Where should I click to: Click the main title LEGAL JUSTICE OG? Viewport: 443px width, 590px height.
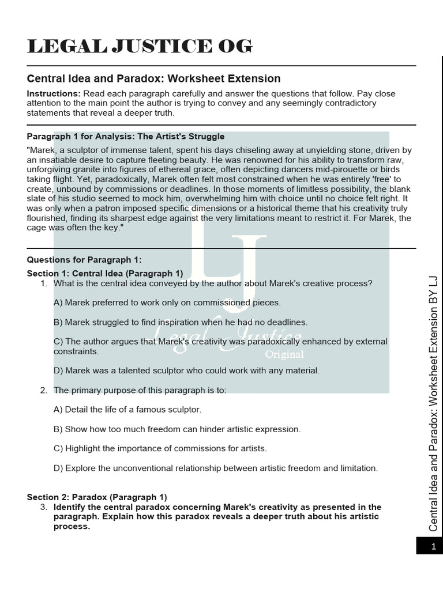pos(140,47)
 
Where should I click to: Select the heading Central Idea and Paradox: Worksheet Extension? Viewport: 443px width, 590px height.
pos(154,78)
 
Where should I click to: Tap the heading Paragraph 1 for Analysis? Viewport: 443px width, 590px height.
pos(126,137)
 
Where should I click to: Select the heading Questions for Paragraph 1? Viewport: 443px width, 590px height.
pos(84,260)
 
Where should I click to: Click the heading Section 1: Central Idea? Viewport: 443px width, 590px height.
pos(105,273)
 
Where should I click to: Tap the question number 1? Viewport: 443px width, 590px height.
pos(43,283)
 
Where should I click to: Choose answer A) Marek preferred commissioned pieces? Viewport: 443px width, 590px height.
pos(167,302)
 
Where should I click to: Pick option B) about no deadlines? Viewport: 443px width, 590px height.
pos(181,322)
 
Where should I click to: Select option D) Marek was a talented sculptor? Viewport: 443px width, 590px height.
pos(186,370)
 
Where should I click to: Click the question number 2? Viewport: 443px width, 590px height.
pos(43,390)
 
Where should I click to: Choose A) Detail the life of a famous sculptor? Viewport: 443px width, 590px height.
pos(127,410)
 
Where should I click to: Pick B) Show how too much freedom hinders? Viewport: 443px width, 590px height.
pos(177,429)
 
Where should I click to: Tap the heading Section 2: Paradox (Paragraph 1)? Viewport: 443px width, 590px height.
pos(97,497)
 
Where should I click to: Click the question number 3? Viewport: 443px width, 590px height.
pos(43,507)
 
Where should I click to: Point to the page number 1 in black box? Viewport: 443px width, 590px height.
pos(433,547)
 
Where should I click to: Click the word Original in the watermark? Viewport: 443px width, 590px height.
pos(284,354)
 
